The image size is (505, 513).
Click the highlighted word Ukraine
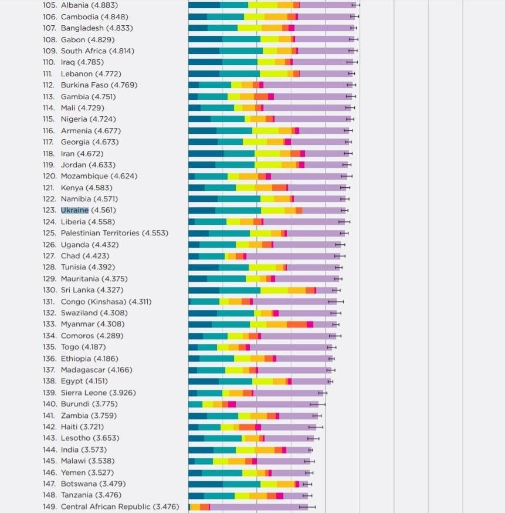click(74, 210)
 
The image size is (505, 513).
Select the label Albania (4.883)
click(84, 5)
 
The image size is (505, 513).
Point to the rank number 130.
click(50, 290)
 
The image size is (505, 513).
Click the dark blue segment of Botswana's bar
click(205, 484)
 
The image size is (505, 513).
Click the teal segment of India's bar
click(224, 450)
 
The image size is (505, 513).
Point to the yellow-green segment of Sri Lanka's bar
click(274, 290)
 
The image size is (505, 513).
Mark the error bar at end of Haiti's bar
click(316, 427)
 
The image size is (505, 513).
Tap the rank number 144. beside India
click(50, 450)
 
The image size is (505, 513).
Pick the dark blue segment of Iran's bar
click(206, 153)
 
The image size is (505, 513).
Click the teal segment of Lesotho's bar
click(222, 438)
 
